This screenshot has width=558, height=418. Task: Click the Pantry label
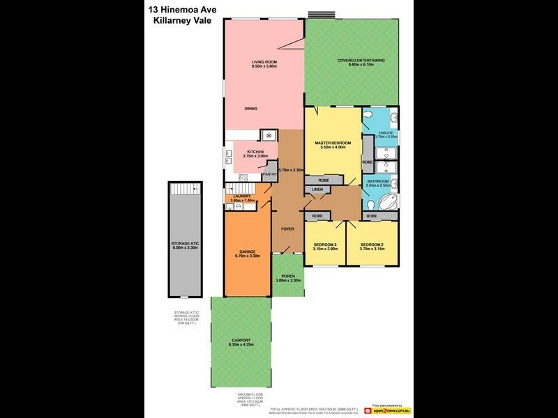pos(270,174)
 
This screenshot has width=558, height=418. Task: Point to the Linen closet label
pos(317,189)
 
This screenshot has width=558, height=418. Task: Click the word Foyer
pos(287,229)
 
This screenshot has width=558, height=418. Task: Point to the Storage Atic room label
pos(185,245)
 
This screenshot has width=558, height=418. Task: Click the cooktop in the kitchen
pos(267,135)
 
